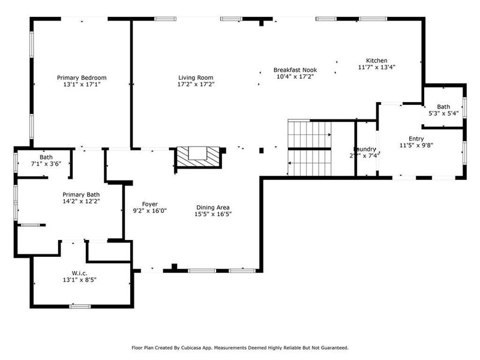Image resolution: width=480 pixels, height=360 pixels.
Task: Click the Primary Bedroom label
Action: pyautogui.click(x=82, y=77)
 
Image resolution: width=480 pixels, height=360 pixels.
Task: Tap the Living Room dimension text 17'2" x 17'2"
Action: pyautogui.click(x=196, y=85)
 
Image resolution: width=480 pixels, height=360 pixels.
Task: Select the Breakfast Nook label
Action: pyautogui.click(x=295, y=70)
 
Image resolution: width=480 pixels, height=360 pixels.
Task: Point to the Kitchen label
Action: pyautogui.click(x=377, y=61)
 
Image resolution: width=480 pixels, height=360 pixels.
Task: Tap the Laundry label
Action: pyautogui.click(x=364, y=149)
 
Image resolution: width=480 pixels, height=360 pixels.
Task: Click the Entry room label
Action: pyautogui.click(x=416, y=139)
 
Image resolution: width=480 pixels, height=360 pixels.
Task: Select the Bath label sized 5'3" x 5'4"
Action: pyautogui.click(x=443, y=106)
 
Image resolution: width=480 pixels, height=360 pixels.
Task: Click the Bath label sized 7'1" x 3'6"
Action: pyautogui.click(x=46, y=157)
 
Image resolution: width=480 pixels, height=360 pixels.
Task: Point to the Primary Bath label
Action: pyautogui.click(x=82, y=194)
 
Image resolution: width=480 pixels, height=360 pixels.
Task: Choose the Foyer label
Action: pyautogui.click(x=149, y=204)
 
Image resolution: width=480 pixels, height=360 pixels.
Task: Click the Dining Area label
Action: pyautogui.click(x=213, y=207)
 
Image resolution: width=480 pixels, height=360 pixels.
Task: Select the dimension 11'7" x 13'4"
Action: pyautogui.click(x=377, y=67)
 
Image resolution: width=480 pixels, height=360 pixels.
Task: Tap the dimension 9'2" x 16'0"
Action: pyautogui.click(x=149, y=211)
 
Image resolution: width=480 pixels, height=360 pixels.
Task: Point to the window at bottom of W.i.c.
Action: pyautogui.click(x=80, y=307)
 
